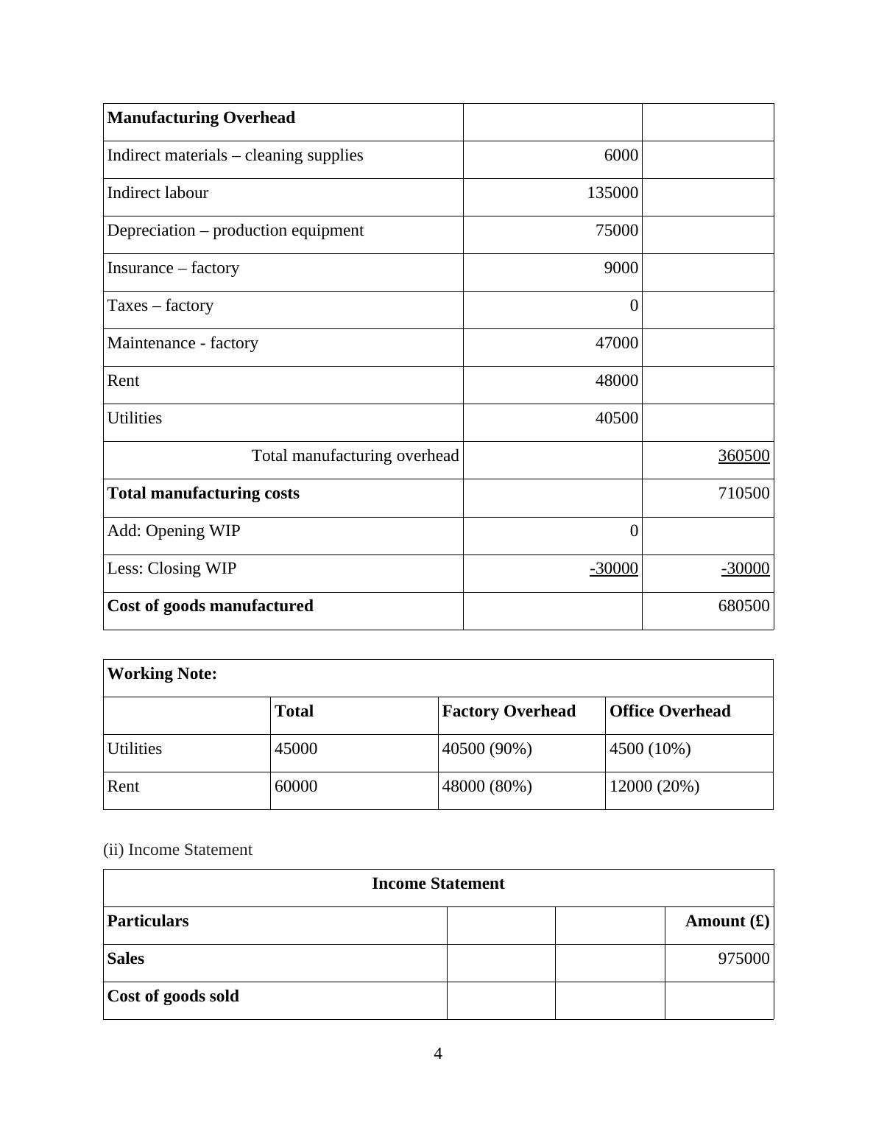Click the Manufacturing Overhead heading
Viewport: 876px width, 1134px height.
tap(201, 118)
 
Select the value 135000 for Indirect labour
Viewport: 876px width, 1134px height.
tap(612, 193)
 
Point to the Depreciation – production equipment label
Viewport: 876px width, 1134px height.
tap(236, 230)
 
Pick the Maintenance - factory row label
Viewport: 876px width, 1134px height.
tap(183, 343)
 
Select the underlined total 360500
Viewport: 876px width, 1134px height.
tap(743, 456)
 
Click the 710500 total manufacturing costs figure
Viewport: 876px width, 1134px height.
tap(743, 493)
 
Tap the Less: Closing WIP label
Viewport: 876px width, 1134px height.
tap(172, 568)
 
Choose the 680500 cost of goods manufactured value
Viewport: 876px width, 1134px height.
tap(743, 606)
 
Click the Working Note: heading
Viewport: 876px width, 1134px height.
tap(162, 674)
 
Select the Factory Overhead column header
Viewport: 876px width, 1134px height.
tap(509, 711)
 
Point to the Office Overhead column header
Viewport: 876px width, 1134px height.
tap(670, 711)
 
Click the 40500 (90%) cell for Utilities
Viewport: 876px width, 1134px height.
tap(487, 749)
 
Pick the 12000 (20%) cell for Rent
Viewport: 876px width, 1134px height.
tap(654, 786)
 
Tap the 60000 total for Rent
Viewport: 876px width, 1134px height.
tap(296, 786)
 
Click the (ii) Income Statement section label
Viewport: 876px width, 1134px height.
tap(177, 850)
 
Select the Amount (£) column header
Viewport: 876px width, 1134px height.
tap(727, 921)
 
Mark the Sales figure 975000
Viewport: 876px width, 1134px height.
tap(743, 959)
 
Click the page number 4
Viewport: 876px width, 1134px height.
tap(438, 1054)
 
